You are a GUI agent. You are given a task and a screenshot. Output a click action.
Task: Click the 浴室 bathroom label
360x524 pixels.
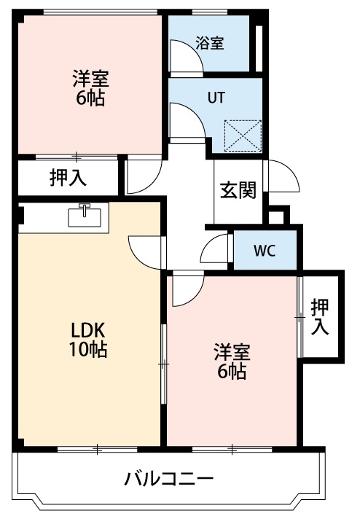tap(209, 43)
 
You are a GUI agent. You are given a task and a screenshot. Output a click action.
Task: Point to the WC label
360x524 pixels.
tap(264, 251)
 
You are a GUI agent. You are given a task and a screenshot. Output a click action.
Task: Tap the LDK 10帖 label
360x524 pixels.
tap(88, 339)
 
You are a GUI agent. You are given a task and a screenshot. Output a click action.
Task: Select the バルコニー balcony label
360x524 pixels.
tap(168, 480)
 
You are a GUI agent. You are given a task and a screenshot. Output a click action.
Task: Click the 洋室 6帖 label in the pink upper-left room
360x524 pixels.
tap(90, 88)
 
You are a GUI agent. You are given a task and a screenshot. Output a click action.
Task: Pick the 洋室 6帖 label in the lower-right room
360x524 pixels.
tap(232, 361)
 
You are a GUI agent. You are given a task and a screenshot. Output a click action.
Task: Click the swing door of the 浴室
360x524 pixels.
tap(184, 56)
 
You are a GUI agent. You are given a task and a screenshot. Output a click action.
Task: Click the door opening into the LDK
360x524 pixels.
tap(146, 252)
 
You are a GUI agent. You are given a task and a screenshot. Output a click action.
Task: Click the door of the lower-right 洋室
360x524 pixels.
tap(183, 289)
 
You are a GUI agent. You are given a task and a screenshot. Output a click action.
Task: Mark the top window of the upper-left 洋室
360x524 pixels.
tap(100, 12)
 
